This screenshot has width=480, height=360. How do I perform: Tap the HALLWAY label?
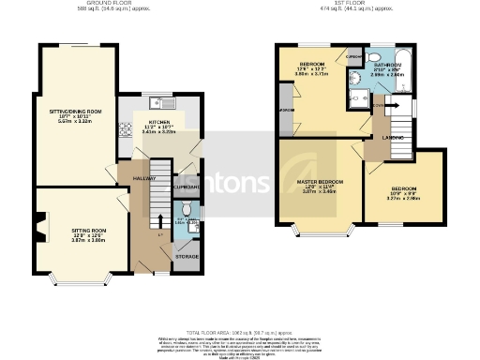(x=142, y=178)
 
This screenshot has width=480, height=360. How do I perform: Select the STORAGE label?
(x=187, y=255)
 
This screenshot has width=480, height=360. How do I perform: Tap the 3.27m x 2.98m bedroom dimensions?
(x=404, y=199)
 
